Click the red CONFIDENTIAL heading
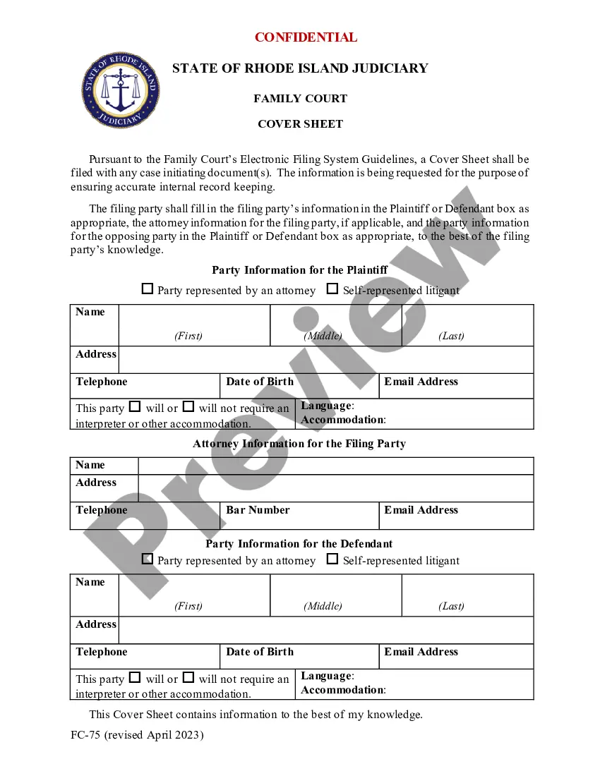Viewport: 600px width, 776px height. click(x=306, y=37)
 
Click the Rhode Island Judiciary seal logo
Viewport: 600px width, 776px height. click(x=120, y=90)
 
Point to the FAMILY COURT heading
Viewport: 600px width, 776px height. click(x=300, y=99)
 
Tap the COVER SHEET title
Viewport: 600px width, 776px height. click(x=300, y=124)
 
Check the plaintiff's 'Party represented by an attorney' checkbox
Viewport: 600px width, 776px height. click(x=148, y=289)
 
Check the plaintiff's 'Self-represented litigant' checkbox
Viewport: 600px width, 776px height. click(x=332, y=289)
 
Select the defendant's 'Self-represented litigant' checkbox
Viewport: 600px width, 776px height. click(x=332, y=559)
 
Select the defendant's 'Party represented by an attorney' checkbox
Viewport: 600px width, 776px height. click(x=148, y=559)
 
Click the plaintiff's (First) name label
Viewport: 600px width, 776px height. click(x=188, y=336)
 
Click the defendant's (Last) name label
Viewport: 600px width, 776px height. click(x=451, y=606)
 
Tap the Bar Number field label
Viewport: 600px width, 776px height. click(x=258, y=510)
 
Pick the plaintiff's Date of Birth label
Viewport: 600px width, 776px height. click(x=260, y=382)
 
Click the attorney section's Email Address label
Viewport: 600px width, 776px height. click(x=421, y=510)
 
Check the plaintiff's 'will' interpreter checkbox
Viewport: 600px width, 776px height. click(x=135, y=407)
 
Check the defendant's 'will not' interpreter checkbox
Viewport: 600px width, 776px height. click(x=188, y=677)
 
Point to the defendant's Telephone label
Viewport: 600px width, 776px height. click(x=102, y=652)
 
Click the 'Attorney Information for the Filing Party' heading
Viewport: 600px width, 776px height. click(x=299, y=444)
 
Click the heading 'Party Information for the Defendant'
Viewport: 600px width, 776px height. click(x=299, y=544)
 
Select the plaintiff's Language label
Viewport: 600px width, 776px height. click(x=326, y=406)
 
